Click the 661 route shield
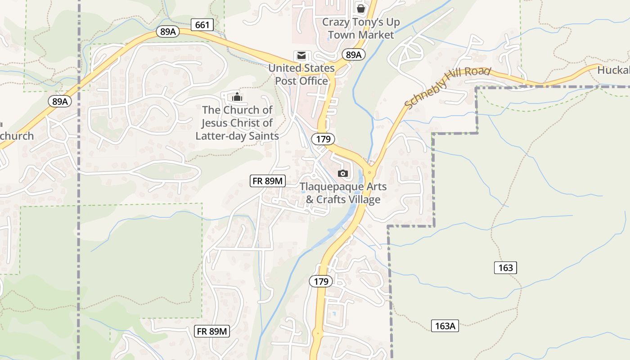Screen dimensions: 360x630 coord(202,25)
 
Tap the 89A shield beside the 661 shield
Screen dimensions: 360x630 coord(167,31)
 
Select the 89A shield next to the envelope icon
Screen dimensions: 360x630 coord(353,55)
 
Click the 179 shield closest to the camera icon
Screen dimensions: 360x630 coord(323,139)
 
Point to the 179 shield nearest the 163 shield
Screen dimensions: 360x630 coord(320,282)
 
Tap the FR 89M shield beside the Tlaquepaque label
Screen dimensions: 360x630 coord(268,181)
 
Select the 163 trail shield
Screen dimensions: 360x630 coord(506,268)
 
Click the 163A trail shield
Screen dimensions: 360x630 coord(445,326)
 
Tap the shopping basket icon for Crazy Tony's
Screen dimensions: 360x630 coord(360,8)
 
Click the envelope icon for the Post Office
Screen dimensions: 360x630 coord(301,56)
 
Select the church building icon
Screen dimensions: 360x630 coord(237,96)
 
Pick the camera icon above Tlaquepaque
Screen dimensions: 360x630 coord(343,173)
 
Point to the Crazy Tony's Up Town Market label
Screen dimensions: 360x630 coord(361,28)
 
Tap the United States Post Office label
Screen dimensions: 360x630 coord(301,75)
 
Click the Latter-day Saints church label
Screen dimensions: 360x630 coord(237,123)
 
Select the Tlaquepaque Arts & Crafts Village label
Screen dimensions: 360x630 coord(343,193)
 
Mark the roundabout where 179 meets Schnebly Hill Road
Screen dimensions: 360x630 coord(369,172)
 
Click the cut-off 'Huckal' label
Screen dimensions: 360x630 coord(613,70)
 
